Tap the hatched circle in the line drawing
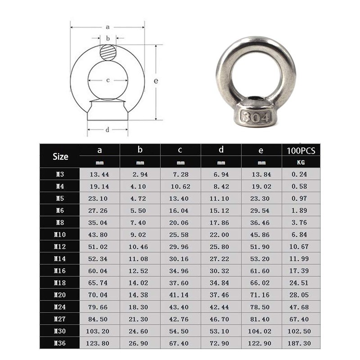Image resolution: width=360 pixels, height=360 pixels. pos(108,54)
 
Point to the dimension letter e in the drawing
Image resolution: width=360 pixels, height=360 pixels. pos(156,81)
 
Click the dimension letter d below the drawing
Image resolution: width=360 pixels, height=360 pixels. pos(108,130)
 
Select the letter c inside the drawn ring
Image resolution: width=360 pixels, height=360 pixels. pos(108,81)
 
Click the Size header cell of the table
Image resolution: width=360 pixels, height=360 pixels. pos(60,156)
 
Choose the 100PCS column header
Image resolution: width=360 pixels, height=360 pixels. pos(301,150)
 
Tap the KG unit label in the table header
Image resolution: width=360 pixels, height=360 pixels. pos(301,162)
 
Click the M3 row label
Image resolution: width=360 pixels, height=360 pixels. pos(60,174)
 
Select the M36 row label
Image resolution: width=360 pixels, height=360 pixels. pos(60,343)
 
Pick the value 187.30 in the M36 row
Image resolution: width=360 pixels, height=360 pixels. pos(301,343)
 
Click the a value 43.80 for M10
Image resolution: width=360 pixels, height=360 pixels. pos(99,234)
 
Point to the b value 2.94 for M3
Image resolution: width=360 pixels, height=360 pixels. pos(140,174)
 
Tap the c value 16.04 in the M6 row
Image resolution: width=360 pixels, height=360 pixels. pos(180,210)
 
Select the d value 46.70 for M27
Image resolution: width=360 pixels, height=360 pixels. pos(220,319)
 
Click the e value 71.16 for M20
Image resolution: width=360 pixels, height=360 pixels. pos(261,295)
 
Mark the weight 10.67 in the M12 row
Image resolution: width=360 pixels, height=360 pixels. pos(301,247)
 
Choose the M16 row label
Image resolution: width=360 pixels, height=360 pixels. pos(60,271)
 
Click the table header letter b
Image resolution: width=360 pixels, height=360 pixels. pos(140,150)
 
